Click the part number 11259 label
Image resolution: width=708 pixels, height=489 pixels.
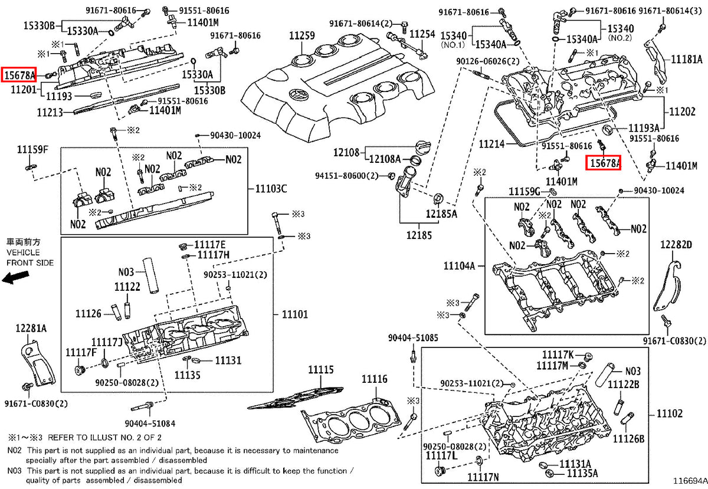(x=302, y=36)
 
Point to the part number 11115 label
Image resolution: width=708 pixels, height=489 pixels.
(x=321, y=369)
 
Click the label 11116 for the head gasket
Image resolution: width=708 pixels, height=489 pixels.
(x=374, y=379)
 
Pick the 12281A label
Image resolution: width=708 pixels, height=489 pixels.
(x=31, y=329)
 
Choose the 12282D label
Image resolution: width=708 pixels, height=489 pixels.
(x=676, y=245)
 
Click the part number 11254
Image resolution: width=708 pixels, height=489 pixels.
(x=422, y=34)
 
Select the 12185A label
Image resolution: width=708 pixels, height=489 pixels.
(x=441, y=214)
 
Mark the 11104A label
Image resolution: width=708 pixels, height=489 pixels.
(x=459, y=266)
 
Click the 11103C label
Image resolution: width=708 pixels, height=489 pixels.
(x=271, y=189)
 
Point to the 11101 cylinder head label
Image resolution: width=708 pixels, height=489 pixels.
(x=294, y=314)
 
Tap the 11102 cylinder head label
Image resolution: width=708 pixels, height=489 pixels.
(x=670, y=413)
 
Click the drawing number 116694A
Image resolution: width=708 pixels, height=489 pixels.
(x=690, y=481)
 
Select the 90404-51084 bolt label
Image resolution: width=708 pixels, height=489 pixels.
(x=150, y=424)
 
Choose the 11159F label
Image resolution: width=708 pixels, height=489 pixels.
(x=32, y=149)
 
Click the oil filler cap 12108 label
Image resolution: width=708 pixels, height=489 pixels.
(x=346, y=153)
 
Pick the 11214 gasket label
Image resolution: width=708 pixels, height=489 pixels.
(x=491, y=144)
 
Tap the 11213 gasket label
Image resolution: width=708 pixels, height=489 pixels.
(x=50, y=113)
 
